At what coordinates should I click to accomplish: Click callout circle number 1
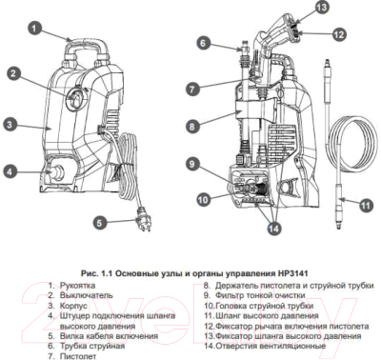pos(34,30)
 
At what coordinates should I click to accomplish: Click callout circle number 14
pos(275,226)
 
